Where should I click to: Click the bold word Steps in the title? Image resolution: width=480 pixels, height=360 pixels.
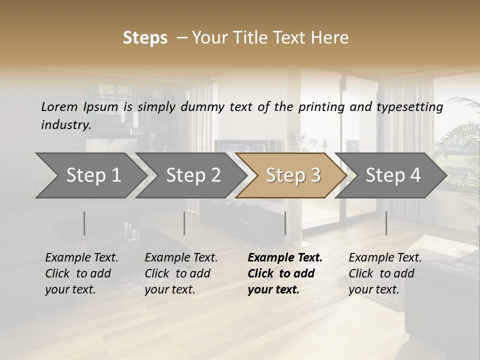(x=145, y=38)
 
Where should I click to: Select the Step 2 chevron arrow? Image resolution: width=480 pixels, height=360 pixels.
(x=192, y=175)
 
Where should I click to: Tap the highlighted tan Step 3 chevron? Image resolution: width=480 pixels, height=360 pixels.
(x=292, y=175)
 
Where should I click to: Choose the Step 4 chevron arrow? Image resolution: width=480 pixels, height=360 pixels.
(x=392, y=175)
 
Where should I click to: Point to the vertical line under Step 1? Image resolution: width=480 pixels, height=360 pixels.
(x=84, y=223)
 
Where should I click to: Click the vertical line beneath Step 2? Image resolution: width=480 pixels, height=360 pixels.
(x=184, y=223)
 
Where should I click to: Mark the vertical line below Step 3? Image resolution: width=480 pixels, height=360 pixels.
(x=285, y=223)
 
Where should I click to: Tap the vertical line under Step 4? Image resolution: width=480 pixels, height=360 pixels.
(x=386, y=223)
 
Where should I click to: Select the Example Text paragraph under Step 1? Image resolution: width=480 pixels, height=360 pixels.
(x=81, y=273)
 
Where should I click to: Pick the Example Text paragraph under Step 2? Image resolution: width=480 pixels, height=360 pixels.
(x=181, y=273)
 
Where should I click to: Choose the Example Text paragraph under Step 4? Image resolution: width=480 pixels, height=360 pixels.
(x=385, y=273)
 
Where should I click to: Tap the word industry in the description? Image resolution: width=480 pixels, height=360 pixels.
(x=65, y=125)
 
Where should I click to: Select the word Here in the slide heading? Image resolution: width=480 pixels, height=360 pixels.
(x=330, y=38)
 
